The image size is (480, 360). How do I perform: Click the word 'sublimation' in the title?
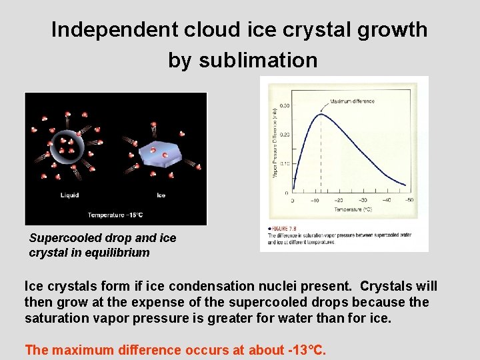click(243, 61)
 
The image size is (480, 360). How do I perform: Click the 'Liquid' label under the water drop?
click(69, 195)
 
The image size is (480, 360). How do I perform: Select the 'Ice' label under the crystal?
click(161, 195)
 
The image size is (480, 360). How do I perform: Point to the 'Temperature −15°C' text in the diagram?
click(115, 215)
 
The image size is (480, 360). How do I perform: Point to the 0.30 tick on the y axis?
click(284, 105)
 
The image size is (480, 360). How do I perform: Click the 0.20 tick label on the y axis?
click(284, 135)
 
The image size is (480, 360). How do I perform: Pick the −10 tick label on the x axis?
click(315, 200)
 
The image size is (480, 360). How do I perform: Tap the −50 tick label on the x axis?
click(408, 200)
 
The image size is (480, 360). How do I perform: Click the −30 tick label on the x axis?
click(361, 200)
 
